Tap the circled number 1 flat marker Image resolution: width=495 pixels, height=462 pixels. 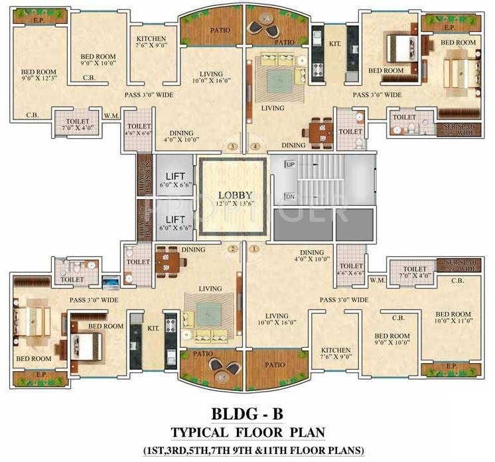click(x=254, y=250)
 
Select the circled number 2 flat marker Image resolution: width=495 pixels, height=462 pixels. click(x=232, y=250)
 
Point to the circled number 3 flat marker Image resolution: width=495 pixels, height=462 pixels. click(x=232, y=146)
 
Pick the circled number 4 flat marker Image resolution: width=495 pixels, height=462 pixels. click(x=254, y=146)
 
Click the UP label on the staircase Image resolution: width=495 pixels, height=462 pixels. click(x=289, y=164)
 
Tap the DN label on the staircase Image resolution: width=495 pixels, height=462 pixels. click(x=289, y=197)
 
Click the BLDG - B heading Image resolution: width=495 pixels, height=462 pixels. click(x=247, y=414)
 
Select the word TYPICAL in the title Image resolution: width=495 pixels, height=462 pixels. click(x=198, y=433)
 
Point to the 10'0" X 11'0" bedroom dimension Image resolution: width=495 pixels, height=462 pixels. click(x=453, y=323)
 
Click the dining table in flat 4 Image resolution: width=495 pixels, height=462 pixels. click(x=321, y=130)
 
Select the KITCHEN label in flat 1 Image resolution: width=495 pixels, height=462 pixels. click(x=335, y=350)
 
